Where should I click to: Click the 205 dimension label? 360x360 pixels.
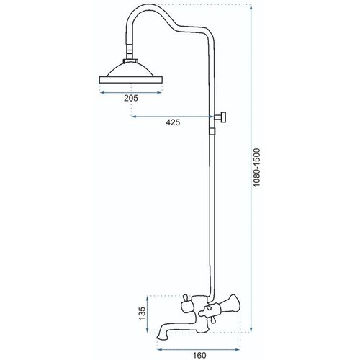click(x=131, y=98)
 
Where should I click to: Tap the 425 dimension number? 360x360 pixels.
click(x=173, y=122)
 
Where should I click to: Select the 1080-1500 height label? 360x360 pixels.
click(x=257, y=168)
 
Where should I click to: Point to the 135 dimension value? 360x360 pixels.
click(x=143, y=313)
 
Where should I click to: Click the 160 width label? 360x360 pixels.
click(x=199, y=355)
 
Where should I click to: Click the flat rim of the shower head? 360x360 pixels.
click(x=131, y=80)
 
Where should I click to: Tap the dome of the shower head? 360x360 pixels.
click(x=131, y=70)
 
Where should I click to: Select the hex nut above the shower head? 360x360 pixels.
click(x=131, y=61)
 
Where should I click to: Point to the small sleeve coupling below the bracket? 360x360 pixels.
click(x=212, y=131)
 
